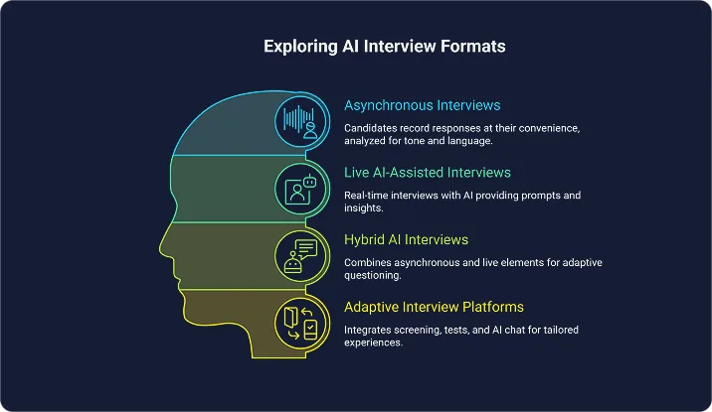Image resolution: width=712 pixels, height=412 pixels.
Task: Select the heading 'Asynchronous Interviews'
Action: [x=423, y=105]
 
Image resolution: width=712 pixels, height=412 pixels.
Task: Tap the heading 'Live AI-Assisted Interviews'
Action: [x=428, y=174]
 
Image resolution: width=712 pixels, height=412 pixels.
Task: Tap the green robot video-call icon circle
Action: [x=301, y=189]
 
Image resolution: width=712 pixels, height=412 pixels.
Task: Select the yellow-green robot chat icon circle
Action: [x=301, y=255]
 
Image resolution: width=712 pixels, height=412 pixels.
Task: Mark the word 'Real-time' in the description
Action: [x=369, y=196]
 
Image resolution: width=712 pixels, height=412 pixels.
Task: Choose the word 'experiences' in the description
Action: [x=374, y=342]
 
